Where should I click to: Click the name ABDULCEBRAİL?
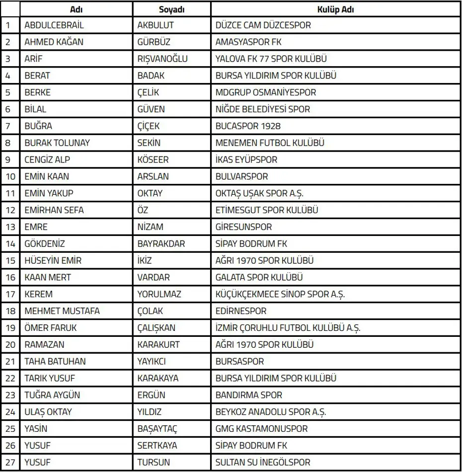click(54, 25)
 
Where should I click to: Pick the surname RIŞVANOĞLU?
click(162, 59)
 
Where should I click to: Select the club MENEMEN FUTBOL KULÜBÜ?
click(270, 143)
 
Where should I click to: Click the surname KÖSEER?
click(153, 160)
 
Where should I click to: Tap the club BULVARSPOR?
click(241, 176)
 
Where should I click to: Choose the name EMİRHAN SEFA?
click(54, 210)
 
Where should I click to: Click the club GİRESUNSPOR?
click(243, 227)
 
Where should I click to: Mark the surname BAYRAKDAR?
click(161, 244)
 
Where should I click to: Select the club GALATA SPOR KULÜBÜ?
click(259, 277)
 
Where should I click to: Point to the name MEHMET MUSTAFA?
click(62, 311)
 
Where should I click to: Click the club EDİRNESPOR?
click(241, 311)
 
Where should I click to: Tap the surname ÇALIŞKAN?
click(156, 328)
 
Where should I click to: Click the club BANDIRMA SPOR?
click(248, 395)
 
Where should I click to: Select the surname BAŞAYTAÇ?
click(157, 429)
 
